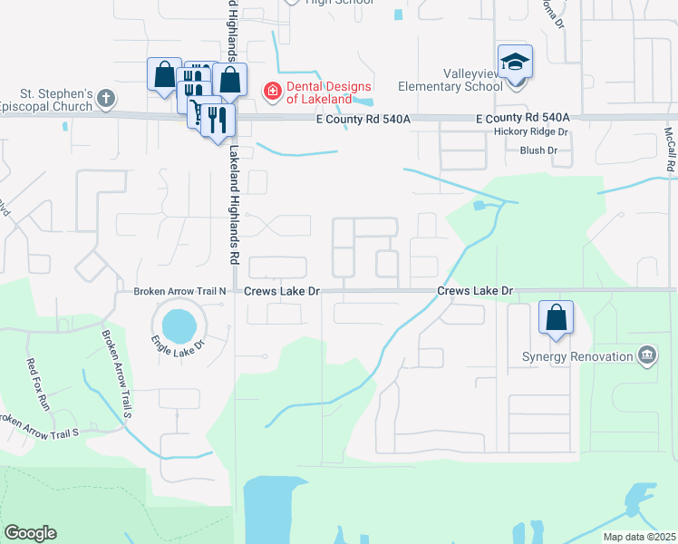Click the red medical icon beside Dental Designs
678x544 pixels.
click(270, 90)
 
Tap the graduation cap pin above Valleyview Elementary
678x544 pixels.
click(515, 62)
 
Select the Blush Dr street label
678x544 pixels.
click(538, 151)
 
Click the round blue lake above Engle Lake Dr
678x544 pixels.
click(178, 322)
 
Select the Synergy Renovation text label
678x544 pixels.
click(577, 356)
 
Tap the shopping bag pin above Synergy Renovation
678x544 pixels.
click(557, 318)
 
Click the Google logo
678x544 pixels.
click(30, 533)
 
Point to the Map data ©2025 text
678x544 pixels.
click(638, 537)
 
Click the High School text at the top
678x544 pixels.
click(340, 3)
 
